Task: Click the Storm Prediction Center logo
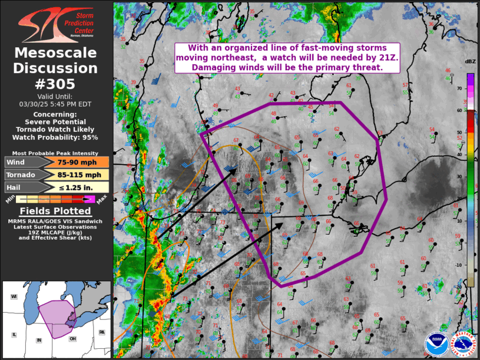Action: coord(56,24)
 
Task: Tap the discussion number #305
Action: coord(56,84)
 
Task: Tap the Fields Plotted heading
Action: coord(55,211)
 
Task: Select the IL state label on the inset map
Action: coord(15,334)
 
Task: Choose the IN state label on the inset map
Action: coord(39,341)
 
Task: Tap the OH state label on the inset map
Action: coord(72,338)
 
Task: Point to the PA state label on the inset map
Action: coord(101,332)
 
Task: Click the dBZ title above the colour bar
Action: coord(470,62)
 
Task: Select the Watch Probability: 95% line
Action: coord(56,137)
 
